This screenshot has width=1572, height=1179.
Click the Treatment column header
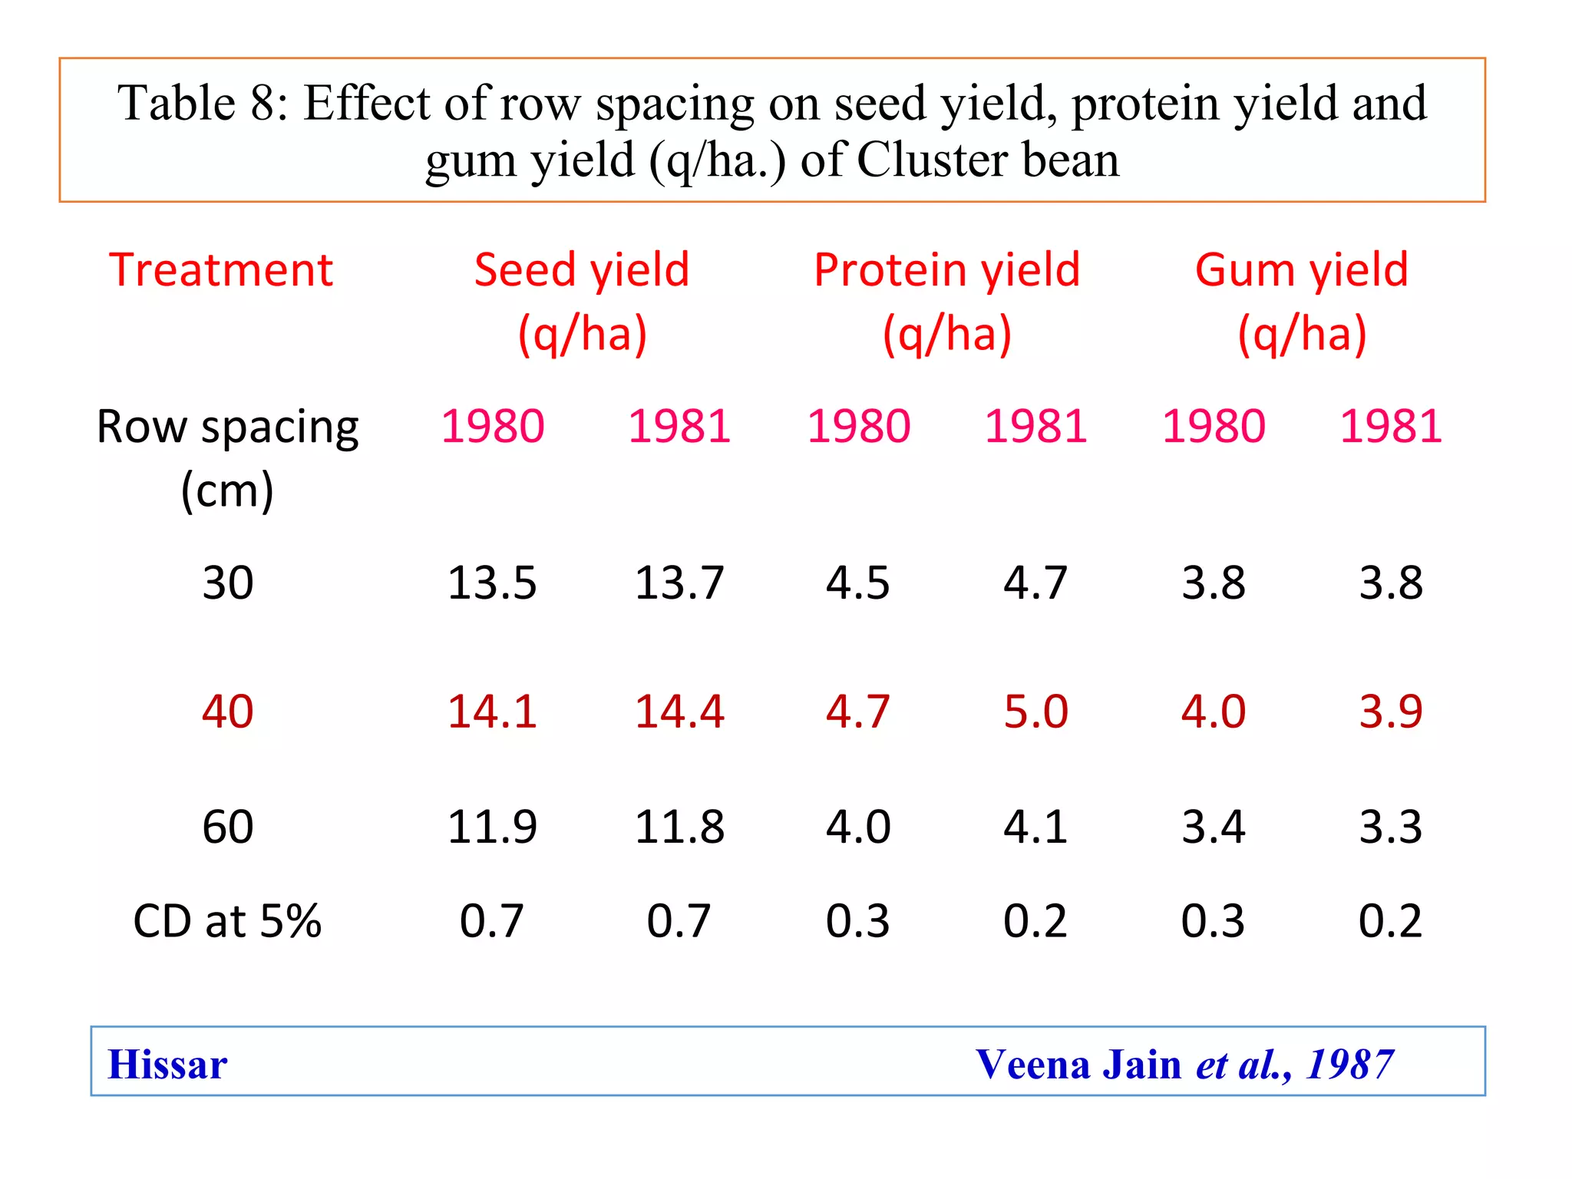pyautogui.click(x=221, y=270)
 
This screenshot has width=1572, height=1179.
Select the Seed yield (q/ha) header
pyautogui.click(x=582, y=302)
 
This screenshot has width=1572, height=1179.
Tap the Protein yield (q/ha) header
pyautogui.click(x=946, y=302)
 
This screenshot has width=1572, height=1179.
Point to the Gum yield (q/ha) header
pyautogui.click(x=1302, y=302)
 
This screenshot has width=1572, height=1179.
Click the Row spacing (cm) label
pyautogui.click(x=227, y=457)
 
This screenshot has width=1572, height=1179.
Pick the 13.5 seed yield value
pyautogui.click(x=492, y=583)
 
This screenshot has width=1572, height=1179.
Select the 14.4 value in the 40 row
pyautogui.click(x=679, y=712)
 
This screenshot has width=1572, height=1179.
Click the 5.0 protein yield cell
pyautogui.click(x=1035, y=712)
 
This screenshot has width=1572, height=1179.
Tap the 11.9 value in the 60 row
pyautogui.click(x=492, y=827)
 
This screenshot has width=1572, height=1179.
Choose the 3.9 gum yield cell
pyautogui.click(x=1391, y=712)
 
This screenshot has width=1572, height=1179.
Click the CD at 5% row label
pyautogui.click(x=227, y=921)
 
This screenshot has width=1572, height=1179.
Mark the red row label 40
pyautogui.click(x=227, y=712)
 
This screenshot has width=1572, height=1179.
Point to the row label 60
pyautogui.click(x=227, y=827)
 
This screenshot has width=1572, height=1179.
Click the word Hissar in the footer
pyautogui.click(x=167, y=1065)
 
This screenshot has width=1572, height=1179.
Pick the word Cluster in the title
pyautogui.click(x=931, y=160)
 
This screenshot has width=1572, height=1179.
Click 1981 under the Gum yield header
pyautogui.click(x=1391, y=427)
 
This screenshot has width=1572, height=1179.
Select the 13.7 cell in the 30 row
pyautogui.click(x=679, y=583)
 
